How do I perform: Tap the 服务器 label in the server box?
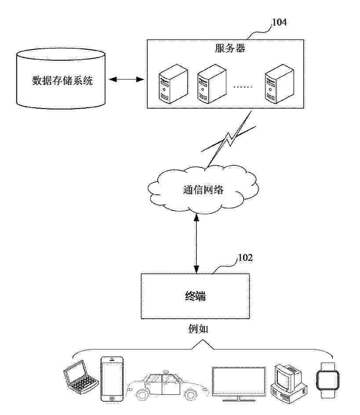(230, 48)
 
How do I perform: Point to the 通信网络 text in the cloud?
(203, 190)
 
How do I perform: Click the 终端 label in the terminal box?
(195, 296)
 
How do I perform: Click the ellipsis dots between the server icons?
(243, 87)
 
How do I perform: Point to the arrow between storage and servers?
(127, 80)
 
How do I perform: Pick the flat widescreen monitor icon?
(239, 382)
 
